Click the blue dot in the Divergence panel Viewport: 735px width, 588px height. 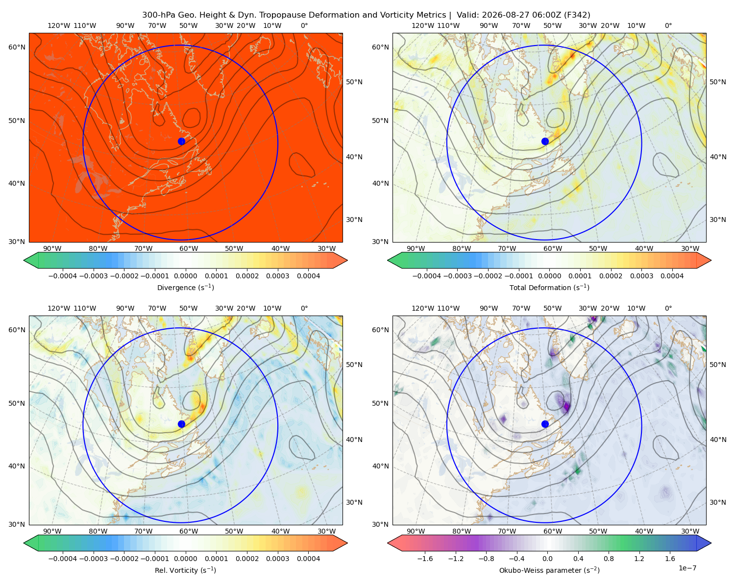(x=181, y=141)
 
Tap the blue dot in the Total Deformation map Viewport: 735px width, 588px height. (x=545, y=141)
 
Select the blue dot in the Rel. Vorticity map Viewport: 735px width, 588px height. (x=181, y=424)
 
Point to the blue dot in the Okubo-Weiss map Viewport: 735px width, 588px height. (x=545, y=424)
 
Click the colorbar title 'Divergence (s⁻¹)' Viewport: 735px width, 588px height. (x=185, y=287)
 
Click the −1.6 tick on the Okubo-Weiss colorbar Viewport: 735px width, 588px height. (x=425, y=559)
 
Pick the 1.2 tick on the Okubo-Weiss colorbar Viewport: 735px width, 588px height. (x=639, y=559)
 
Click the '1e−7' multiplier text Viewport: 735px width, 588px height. (x=687, y=568)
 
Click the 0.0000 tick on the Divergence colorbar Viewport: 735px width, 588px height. (x=185, y=276)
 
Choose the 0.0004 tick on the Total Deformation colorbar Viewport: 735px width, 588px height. (x=672, y=276)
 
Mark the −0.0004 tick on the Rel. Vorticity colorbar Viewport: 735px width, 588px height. (x=63, y=559)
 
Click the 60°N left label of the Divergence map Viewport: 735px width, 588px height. (x=17, y=47)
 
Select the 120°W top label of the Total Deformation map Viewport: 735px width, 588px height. (x=422, y=25)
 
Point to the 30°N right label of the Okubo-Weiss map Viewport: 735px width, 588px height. (x=717, y=502)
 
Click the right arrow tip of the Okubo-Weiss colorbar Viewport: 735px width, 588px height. (x=711, y=542)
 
